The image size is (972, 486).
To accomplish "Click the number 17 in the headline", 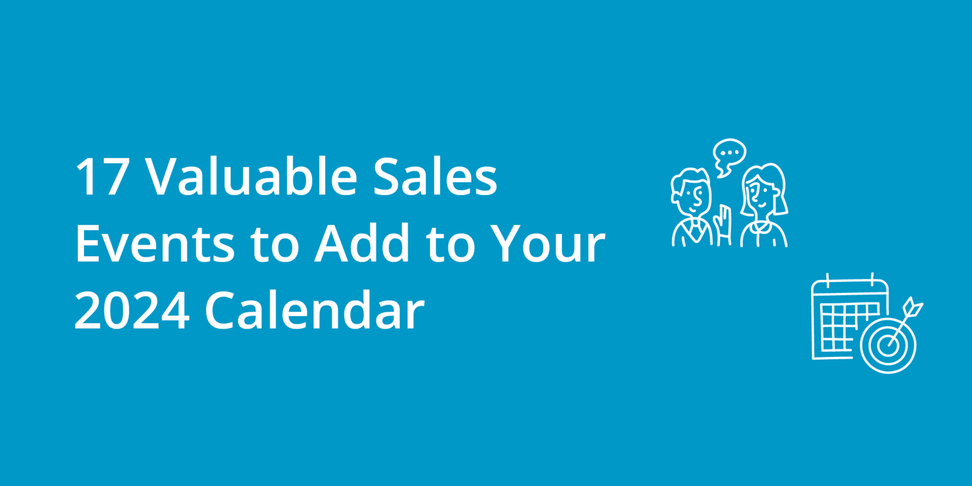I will pos(101,177).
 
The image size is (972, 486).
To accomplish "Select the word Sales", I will pos(435,177).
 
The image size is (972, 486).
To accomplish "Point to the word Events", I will pos(155,244).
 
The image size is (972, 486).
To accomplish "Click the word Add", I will pos(362,244).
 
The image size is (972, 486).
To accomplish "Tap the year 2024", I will pos(132,311).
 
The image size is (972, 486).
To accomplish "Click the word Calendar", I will pos(314,310).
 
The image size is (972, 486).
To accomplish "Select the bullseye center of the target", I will pos(888,344).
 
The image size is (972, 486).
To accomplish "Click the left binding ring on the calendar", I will pos(827,281).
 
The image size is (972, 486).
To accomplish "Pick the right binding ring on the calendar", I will pos(872,281).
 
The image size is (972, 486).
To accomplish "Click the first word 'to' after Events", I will pos(275,244).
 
